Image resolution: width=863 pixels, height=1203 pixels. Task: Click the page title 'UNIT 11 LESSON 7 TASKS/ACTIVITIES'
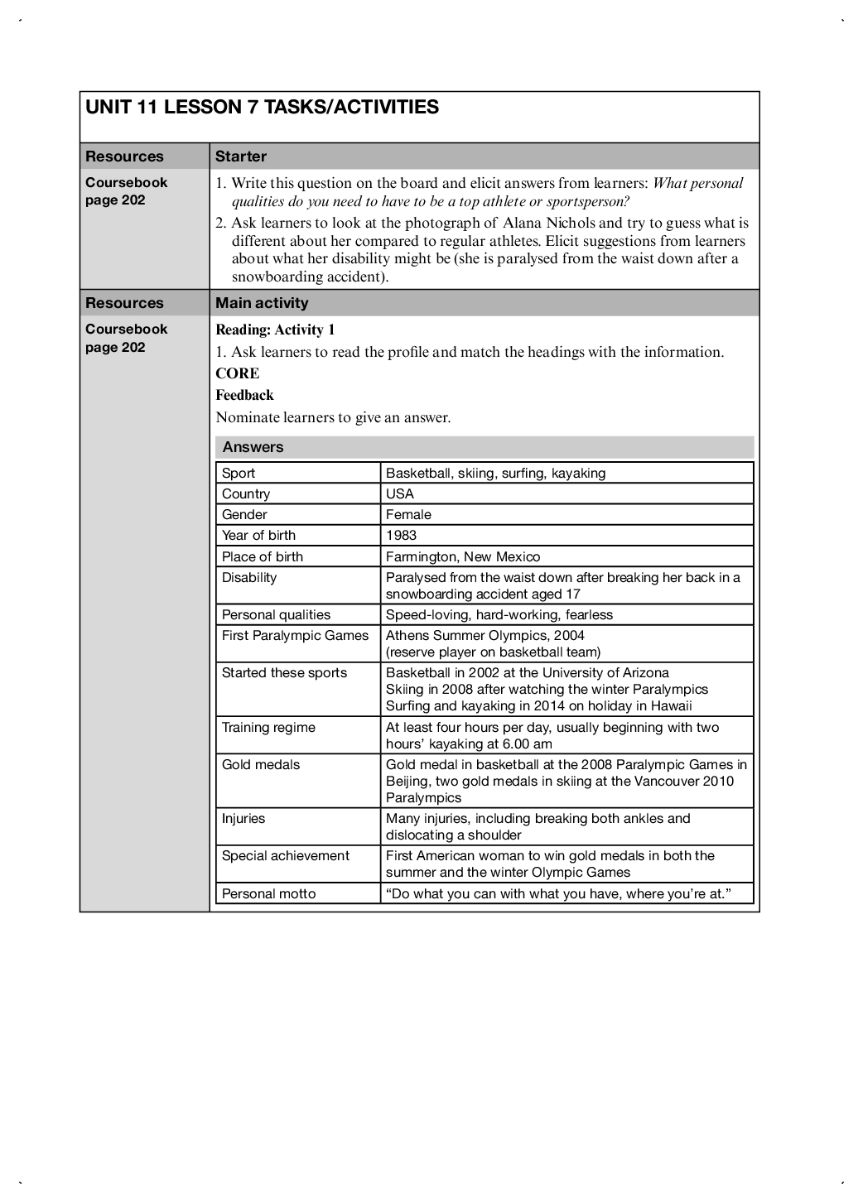262,107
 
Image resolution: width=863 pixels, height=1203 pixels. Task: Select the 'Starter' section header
241,156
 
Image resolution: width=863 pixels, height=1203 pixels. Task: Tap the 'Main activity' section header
262,303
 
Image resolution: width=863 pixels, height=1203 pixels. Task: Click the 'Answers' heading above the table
253,447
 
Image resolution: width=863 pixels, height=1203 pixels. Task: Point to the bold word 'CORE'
238,373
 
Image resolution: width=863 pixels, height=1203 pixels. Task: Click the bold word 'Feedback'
244,395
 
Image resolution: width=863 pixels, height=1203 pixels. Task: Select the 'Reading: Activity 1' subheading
275,330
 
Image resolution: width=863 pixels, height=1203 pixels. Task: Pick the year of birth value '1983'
402,536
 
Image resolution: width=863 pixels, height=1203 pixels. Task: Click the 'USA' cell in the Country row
400,494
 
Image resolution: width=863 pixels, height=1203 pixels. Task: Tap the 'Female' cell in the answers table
408,515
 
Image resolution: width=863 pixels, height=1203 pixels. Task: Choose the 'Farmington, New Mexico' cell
463,557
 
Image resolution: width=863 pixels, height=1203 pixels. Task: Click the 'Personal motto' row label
268,894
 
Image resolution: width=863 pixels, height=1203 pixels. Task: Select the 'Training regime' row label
268,728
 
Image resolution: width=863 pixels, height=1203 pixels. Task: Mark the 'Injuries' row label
243,819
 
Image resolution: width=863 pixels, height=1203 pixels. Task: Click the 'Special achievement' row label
286,856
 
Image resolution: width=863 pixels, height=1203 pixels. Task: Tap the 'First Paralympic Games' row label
295,636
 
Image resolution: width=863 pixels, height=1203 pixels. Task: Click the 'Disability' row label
249,578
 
